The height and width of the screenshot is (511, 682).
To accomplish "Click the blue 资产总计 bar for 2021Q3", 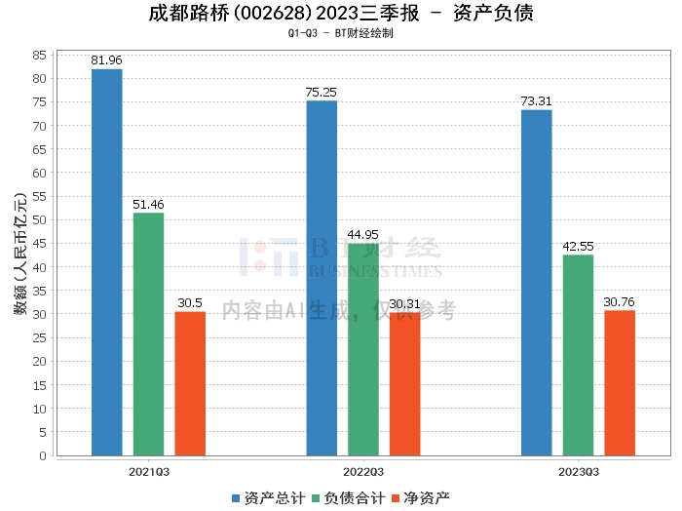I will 106,262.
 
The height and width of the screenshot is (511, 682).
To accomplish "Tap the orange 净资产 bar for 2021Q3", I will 190,383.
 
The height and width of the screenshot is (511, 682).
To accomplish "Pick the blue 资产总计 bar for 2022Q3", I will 322,278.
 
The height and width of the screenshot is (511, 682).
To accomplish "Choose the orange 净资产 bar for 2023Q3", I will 620,382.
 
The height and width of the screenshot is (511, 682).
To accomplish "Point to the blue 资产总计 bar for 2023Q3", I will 536,283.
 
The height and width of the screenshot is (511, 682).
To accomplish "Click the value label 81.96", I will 106,60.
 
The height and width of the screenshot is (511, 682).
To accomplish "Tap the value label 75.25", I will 322,92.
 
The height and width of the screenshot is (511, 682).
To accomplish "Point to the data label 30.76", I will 620,302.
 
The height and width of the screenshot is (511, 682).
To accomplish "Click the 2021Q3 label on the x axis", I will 148,472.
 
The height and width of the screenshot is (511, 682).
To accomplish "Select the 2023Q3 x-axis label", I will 578,472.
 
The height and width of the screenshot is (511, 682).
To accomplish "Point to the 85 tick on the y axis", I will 39,55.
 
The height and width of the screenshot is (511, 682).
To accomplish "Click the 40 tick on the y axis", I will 39,267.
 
